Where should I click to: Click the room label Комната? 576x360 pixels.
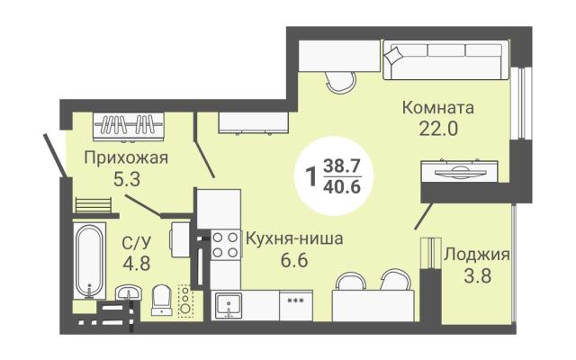click(x=438, y=108)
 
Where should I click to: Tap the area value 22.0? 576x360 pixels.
click(x=438, y=129)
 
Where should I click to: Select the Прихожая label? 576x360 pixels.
click(x=126, y=158)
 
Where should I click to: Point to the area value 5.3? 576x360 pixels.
click(x=127, y=180)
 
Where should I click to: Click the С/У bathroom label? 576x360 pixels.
click(x=136, y=242)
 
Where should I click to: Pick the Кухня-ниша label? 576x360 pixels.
click(x=294, y=238)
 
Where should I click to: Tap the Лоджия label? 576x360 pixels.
click(x=477, y=255)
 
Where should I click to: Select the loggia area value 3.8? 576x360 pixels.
click(x=478, y=275)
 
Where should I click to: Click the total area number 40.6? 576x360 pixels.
click(x=342, y=187)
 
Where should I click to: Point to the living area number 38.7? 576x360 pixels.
click(x=342, y=166)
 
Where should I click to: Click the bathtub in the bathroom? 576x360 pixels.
click(x=89, y=260)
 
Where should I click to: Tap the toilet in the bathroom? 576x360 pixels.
click(x=162, y=300)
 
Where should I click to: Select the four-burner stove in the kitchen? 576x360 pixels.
click(x=226, y=245)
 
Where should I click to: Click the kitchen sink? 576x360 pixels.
click(x=229, y=305)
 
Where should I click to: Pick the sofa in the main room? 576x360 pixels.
click(x=446, y=60)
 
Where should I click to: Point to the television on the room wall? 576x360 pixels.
click(x=459, y=171)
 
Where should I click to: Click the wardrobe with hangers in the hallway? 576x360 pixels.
click(x=128, y=126)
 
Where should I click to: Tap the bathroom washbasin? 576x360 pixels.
click(x=129, y=293)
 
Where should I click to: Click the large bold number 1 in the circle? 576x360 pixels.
click(x=311, y=177)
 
